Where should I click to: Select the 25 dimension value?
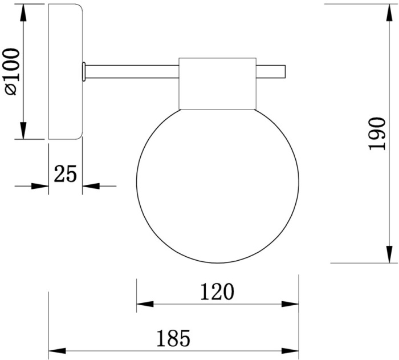click(66, 173)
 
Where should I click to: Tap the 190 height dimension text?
click(377, 134)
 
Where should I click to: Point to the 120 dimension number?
click(217, 292)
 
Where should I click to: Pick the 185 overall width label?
click(173, 338)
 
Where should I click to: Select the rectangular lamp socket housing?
click(218, 83)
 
